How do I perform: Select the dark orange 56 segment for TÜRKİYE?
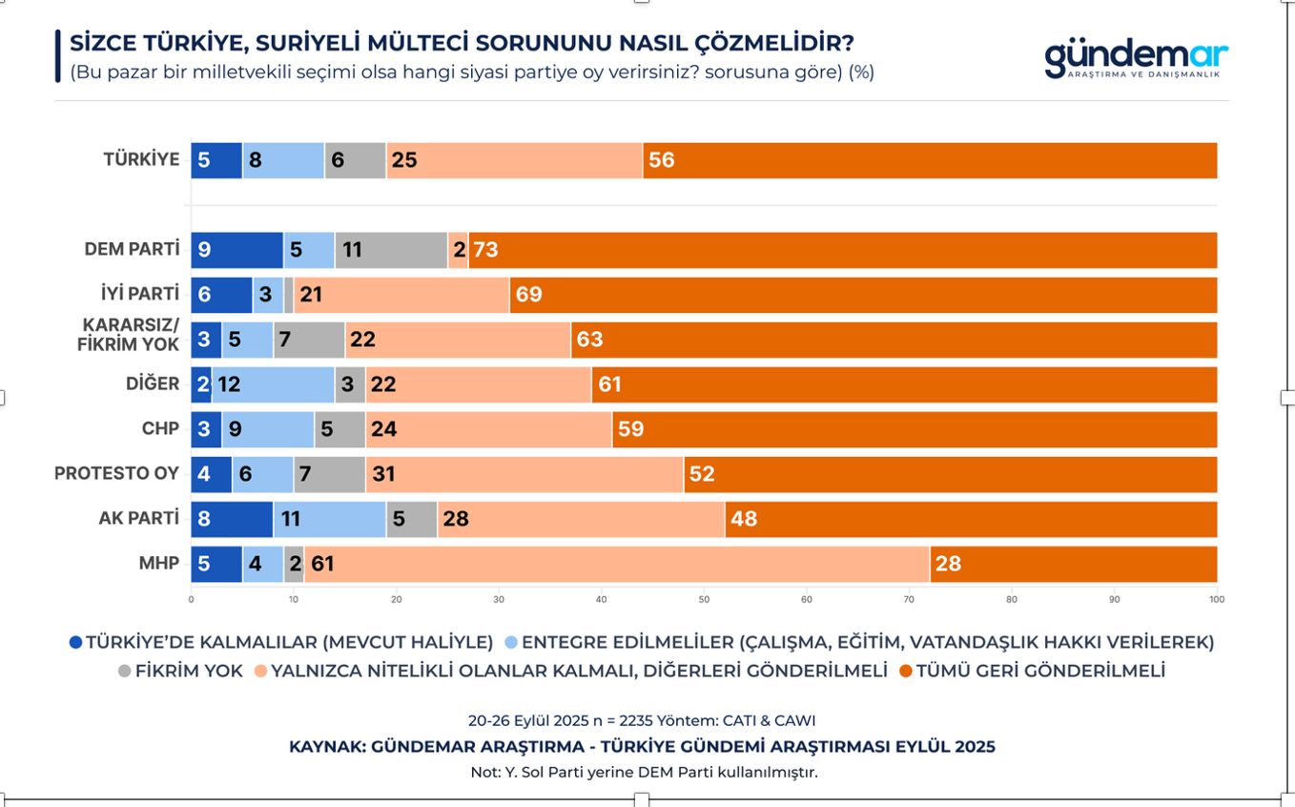930,160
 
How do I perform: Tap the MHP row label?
159,564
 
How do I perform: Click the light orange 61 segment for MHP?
616,564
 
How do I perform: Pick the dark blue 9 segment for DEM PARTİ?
236,250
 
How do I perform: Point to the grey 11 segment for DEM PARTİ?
391,250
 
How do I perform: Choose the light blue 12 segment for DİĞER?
273,384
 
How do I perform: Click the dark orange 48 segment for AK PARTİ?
971,519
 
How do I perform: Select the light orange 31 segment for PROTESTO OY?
524,474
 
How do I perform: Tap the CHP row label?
160,429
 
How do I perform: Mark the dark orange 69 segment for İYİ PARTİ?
863,295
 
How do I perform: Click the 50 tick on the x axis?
704,600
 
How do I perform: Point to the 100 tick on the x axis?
1217,600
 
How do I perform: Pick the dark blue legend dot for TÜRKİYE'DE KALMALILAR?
76,642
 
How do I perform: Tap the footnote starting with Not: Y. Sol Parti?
644,772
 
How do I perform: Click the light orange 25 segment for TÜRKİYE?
514,160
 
